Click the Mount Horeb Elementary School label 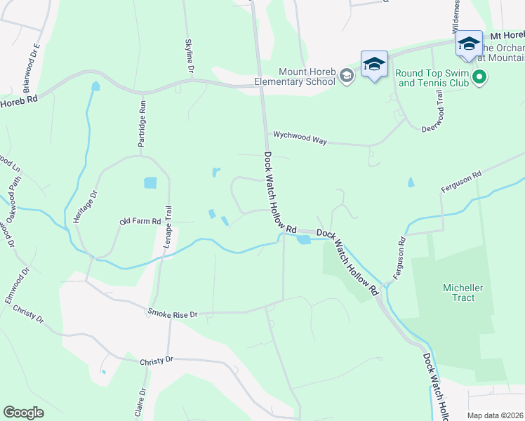[x=307, y=76]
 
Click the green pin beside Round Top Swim [x=480, y=76]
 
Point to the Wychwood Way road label [x=300, y=137]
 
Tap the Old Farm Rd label [x=140, y=222]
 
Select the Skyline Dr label [x=189, y=56]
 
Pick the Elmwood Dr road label [x=18, y=285]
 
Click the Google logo [x=23, y=412]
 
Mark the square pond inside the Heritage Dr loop [x=150, y=183]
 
